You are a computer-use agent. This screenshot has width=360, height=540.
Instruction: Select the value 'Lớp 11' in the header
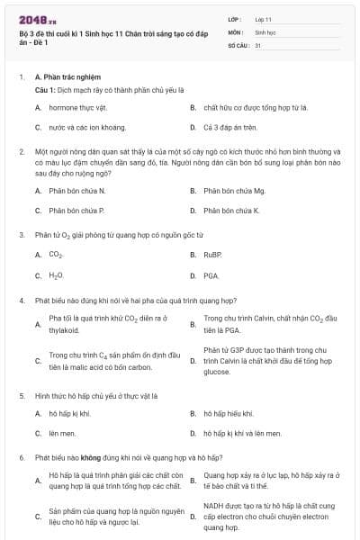tap(264, 18)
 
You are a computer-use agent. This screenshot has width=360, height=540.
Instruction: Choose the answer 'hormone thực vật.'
tap(76, 108)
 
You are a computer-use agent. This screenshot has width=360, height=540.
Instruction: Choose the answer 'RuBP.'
tap(212, 255)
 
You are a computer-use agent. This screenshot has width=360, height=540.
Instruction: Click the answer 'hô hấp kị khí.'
tap(70, 413)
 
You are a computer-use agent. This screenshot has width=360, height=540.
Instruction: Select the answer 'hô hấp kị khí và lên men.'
tap(239, 433)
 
